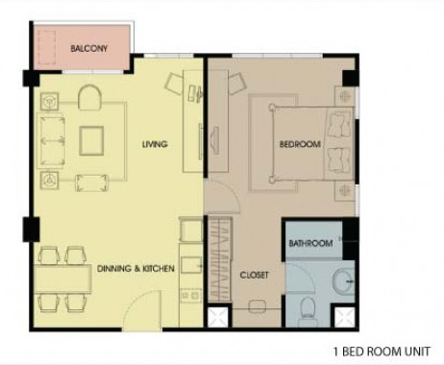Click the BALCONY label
pyautogui.click(x=88, y=49)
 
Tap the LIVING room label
pyautogui.click(x=155, y=144)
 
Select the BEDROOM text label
pyautogui.click(x=300, y=144)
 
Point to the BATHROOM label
pyautogui.click(x=310, y=243)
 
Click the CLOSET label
pyautogui.click(x=255, y=275)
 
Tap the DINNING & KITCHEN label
pyautogui.click(x=136, y=268)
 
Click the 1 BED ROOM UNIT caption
pyautogui.click(x=382, y=352)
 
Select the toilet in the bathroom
pyautogui.click(x=308, y=308)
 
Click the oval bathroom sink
pyautogui.click(x=343, y=282)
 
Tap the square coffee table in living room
pyautogui.click(x=91, y=140)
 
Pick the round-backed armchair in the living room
pyautogui.click(x=90, y=97)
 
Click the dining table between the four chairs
pyautogui.click(x=63, y=279)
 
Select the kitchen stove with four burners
pyautogui.click(x=191, y=296)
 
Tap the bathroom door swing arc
pyautogui.click(x=308, y=273)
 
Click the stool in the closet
pyautogui.click(x=257, y=306)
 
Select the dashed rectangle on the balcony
pyautogui.click(x=47, y=47)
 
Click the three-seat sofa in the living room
pyautogui.click(x=51, y=140)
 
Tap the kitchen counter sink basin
pyautogui.click(x=191, y=264)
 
